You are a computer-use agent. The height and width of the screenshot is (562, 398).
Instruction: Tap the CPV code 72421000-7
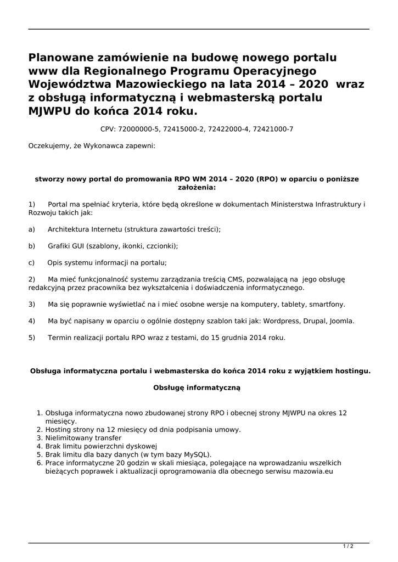click(270, 129)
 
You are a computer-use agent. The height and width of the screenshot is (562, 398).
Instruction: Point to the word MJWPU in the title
click(51, 111)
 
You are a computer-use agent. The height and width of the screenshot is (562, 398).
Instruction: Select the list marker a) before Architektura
click(32, 229)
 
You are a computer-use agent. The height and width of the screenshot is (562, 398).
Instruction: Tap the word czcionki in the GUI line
click(161, 246)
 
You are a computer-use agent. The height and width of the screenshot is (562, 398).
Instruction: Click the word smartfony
click(328, 304)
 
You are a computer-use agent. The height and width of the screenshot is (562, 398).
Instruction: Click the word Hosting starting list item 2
click(58, 429)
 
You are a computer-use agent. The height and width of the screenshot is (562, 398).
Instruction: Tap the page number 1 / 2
click(348, 546)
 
